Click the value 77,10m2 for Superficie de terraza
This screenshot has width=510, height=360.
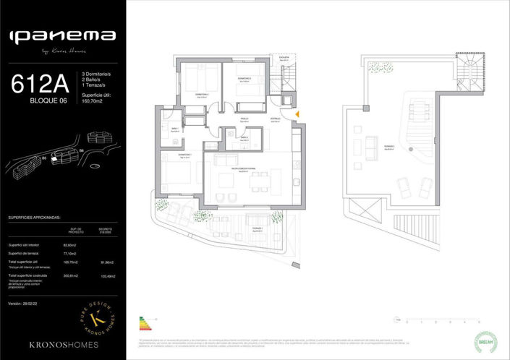point(71,253)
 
